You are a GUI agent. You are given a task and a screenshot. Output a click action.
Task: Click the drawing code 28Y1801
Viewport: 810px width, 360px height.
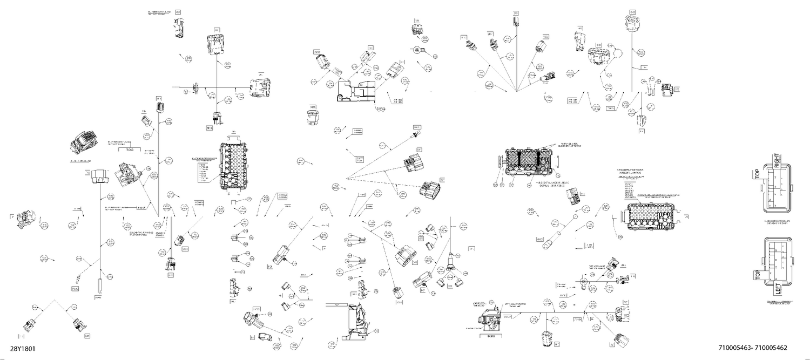click(22, 349)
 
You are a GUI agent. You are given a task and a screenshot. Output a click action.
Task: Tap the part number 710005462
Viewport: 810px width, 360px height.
click(778, 349)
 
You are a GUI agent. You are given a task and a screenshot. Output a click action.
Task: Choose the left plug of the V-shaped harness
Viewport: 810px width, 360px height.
click(30, 325)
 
